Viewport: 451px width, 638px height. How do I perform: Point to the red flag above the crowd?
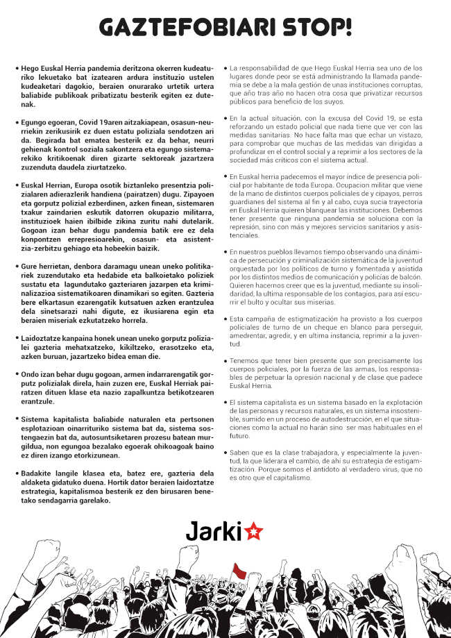(239, 571)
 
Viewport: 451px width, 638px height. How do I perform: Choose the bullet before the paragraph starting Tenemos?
(226, 361)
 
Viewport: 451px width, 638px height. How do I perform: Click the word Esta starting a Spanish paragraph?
(239, 318)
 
